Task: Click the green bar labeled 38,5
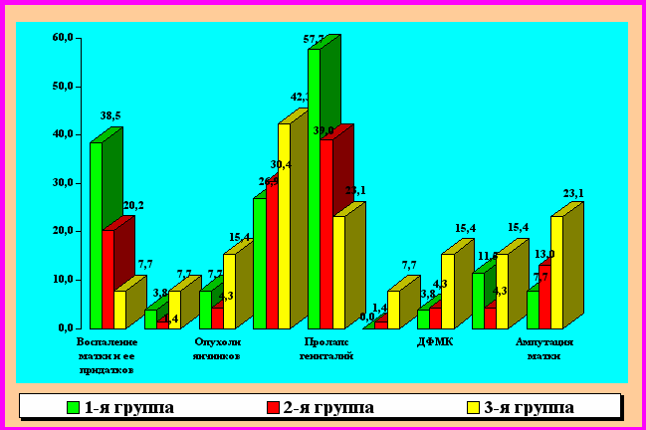(x=96, y=234)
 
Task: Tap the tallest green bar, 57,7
(x=314, y=189)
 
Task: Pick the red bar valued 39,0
(x=325, y=234)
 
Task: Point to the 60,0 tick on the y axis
(x=62, y=38)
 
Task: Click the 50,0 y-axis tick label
(x=62, y=87)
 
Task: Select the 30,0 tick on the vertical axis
(x=62, y=183)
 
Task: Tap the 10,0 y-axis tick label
(x=62, y=280)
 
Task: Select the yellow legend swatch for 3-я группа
(x=473, y=407)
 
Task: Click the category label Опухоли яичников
(x=217, y=349)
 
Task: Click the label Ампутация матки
(x=544, y=349)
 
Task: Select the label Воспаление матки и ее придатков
(x=107, y=355)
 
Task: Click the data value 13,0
(x=543, y=254)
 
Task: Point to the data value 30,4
(x=280, y=164)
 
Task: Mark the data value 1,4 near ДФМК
(x=379, y=309)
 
